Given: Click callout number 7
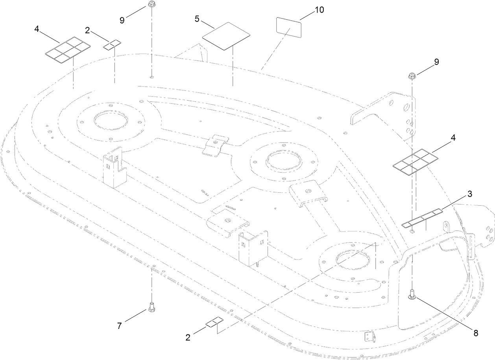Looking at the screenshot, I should (x=120, y=326).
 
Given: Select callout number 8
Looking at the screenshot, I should (x=475, y=333).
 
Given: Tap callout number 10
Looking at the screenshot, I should (x=319, y=10).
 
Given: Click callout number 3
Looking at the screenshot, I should (x=459, y=194).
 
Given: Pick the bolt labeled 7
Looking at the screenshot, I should (x=151, y=306).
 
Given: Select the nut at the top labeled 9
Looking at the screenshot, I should (x=151, y=5).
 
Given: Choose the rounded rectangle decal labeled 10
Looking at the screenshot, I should (x=288, y=28).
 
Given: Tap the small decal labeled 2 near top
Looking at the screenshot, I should (x=112, y=44).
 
